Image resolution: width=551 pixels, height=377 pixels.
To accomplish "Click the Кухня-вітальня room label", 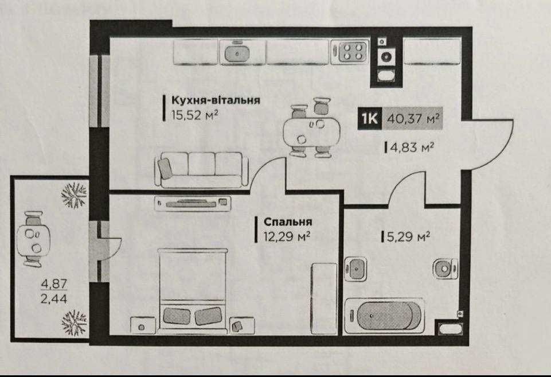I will pos(216,100).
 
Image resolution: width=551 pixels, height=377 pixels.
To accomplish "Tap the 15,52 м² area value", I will pos(195,115).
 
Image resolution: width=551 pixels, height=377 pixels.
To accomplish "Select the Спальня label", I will pos(288,221).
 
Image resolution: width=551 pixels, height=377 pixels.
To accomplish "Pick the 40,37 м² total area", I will pos(413,119).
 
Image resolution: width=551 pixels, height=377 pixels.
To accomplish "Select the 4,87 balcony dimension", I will pos(51,283).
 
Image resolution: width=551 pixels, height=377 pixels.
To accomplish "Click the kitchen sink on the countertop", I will pos(236,53).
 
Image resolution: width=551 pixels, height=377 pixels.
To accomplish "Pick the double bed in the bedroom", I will pos(192,290).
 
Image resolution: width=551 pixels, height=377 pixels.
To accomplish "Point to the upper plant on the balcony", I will pos(74,195).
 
